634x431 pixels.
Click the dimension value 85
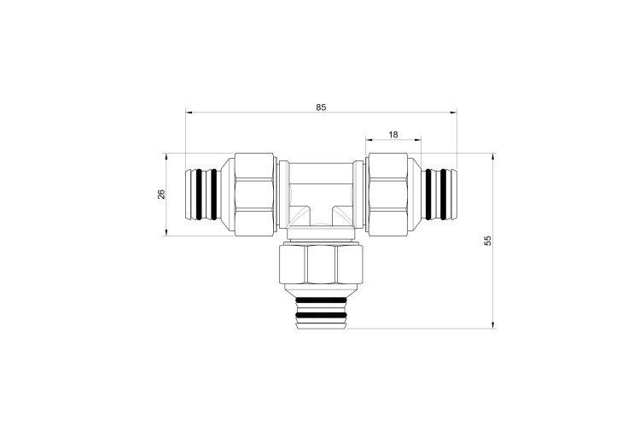coord(321,108)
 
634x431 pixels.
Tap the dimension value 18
coord(393,135)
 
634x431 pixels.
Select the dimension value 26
coord(161,194)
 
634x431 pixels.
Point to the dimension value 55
coord(488,241)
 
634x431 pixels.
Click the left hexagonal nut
coord(254,195)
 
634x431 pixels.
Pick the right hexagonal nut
coord(388,195)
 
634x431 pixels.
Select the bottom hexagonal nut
coord(321,265)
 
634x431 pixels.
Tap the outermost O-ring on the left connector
coord(199,195)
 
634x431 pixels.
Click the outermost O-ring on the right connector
coord(443,195)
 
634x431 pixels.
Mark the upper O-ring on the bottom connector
coord(321,300)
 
